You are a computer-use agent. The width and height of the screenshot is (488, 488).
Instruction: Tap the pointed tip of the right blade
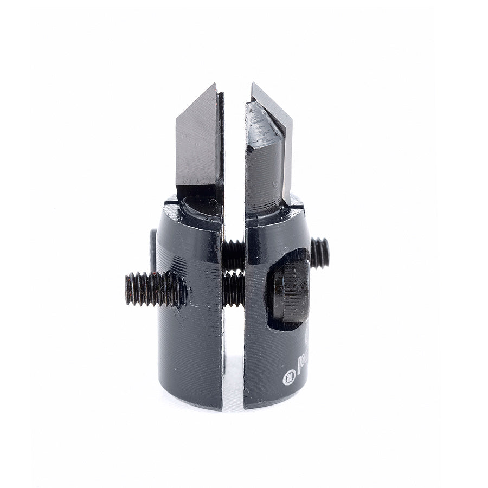(253, 84)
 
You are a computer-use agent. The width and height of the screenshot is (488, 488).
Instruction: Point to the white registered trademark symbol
(288, 378)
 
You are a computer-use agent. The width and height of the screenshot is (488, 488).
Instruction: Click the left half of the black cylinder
(190, 336)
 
